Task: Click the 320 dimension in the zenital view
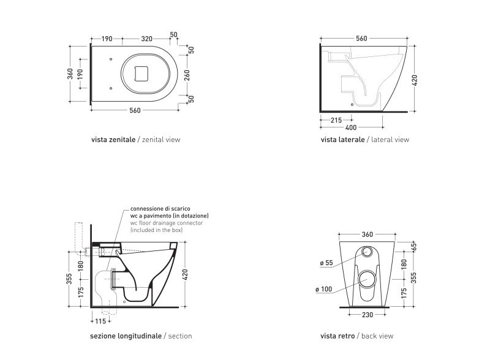tap(146, 39)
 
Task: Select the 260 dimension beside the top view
tap(187, 75)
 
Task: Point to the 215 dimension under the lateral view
tap(336, 120)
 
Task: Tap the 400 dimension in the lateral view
tap(351, 127)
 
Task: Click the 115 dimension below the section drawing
tap(100, 321)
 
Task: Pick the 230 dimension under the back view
tap(367, 315)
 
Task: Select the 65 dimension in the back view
tap(414, 246)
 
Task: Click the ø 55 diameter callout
tap(326, 263)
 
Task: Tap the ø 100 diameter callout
tap(324, 289)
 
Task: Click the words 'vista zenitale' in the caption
tap(113, 140)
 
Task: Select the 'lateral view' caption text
tap(390, 140)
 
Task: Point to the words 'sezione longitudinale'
tap(126, 336)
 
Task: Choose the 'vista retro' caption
tap(337, 336)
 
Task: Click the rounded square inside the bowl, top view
tap(141, 73)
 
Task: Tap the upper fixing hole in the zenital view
tap(111, 59)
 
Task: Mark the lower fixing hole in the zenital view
tap(111, 88)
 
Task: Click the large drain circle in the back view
tap(367, 279)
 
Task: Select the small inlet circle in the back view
tap(367, 251)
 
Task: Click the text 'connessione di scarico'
tap(160, 208)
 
